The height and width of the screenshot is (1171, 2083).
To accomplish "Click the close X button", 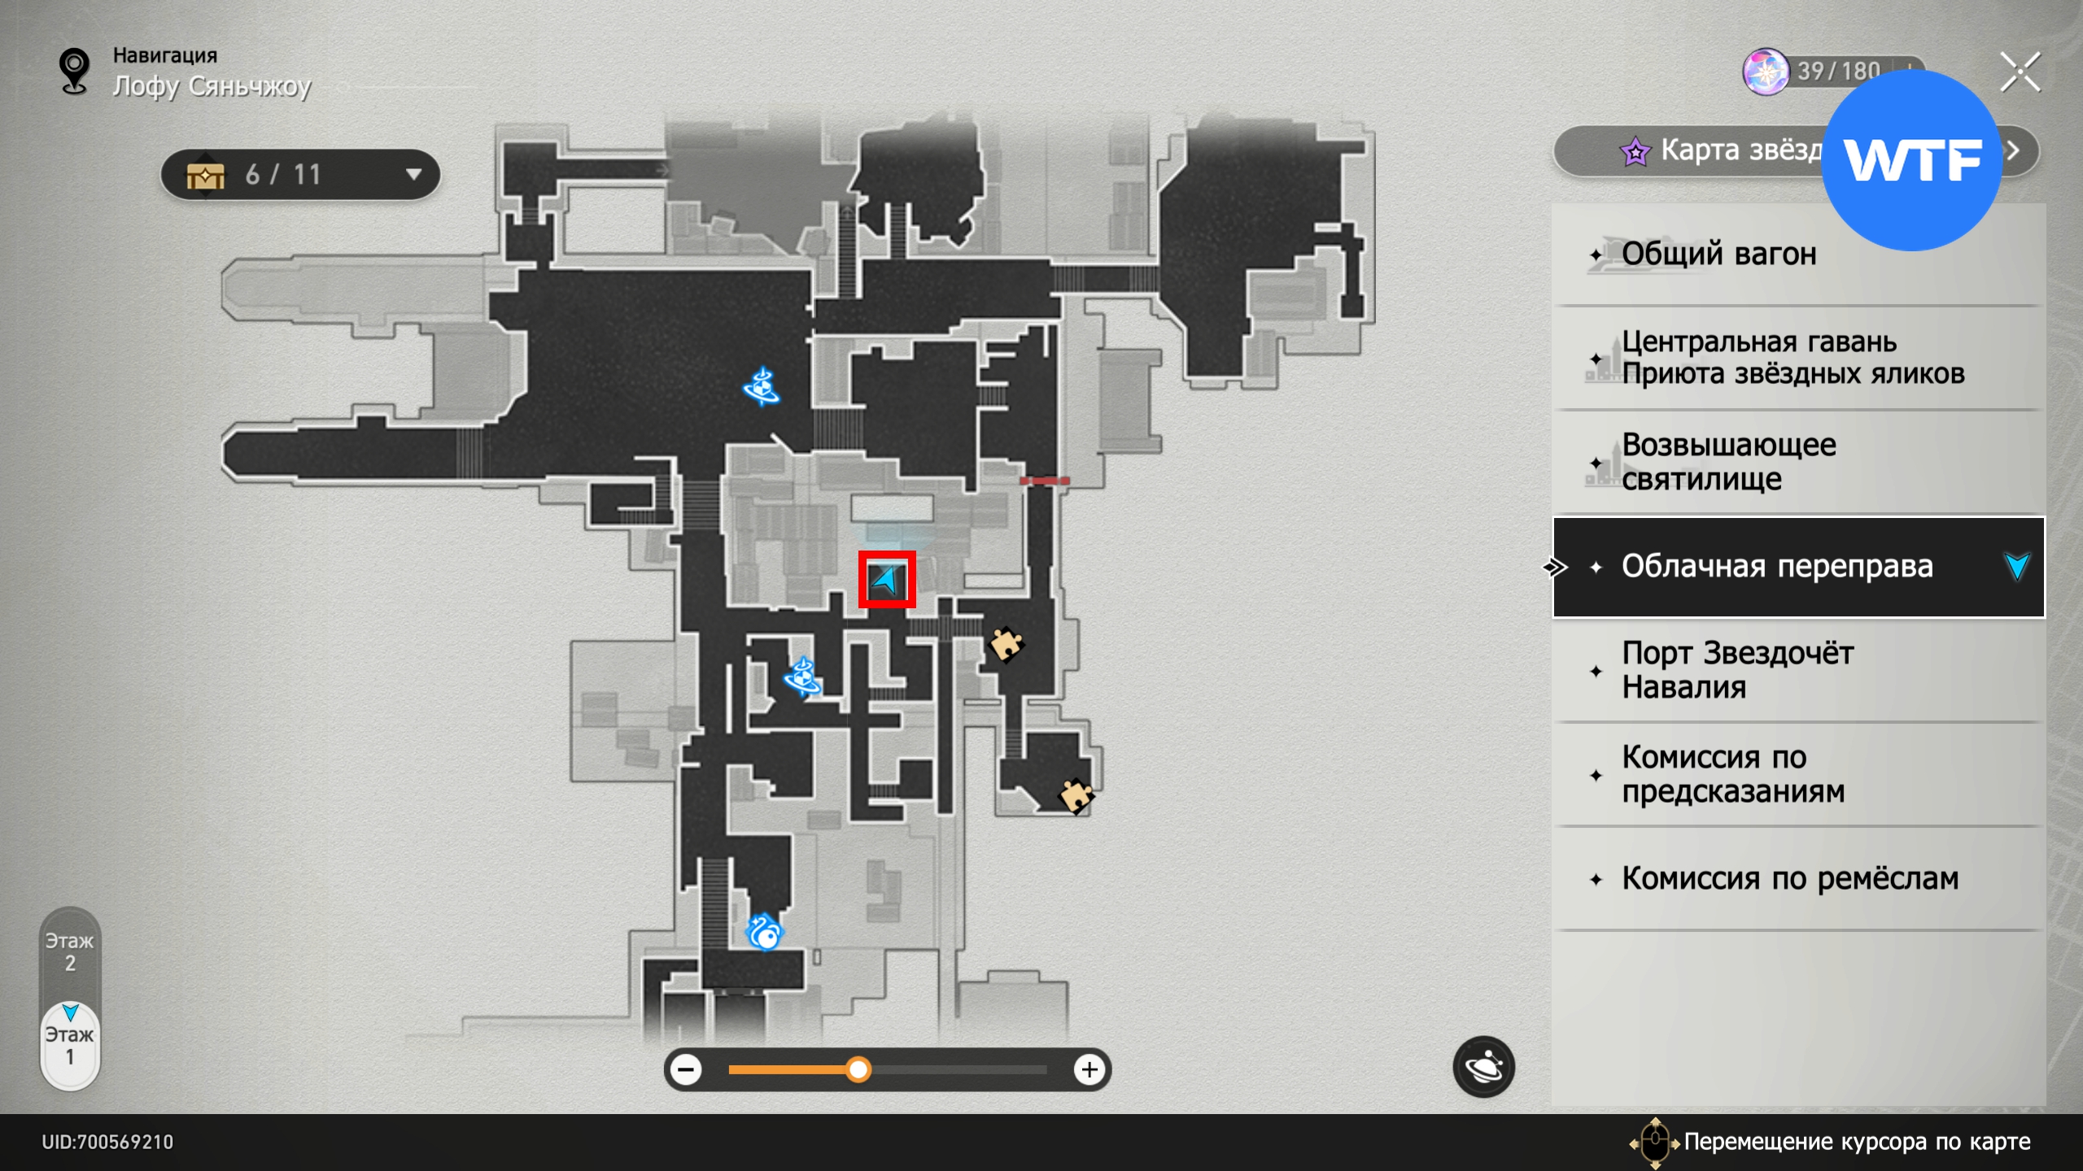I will pyautogui.click(x=2020, y=73).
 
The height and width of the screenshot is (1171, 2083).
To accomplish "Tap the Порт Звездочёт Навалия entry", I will pyautogui.click(x=1736, y=670).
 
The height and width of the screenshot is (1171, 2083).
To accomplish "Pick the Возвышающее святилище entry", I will pyautogui.click(x=1728, y=462).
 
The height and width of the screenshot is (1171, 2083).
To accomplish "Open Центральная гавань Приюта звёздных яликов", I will pyautogui.click(x=1792, y=358).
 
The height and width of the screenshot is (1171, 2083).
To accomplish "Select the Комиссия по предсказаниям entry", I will pyautogui.click(x=1733, y=774).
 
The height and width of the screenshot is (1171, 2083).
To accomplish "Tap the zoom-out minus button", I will pyautogui.click(x=687, y=1069).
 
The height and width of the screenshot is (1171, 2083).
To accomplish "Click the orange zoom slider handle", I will pyautogui.click(x=858, y=1069).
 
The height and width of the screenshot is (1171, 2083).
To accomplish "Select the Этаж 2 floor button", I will pyautogui.click(x=70, y=952).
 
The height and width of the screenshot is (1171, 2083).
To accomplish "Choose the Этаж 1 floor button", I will pyautogui.click(x=70, y=1046).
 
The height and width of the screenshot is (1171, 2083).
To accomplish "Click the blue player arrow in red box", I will pyautogui.click(x=886, y=580).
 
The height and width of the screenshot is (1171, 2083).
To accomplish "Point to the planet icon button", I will pyautogui.click(x=1483, y=1066).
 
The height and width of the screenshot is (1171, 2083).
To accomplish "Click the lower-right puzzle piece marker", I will pyautogui.click(x=1075, y=795).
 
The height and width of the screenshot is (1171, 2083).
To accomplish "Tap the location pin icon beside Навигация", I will pyautogui.click(x=75, y=72).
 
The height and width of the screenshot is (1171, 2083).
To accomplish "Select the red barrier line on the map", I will pyautogui.click(x=1045, y=481).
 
